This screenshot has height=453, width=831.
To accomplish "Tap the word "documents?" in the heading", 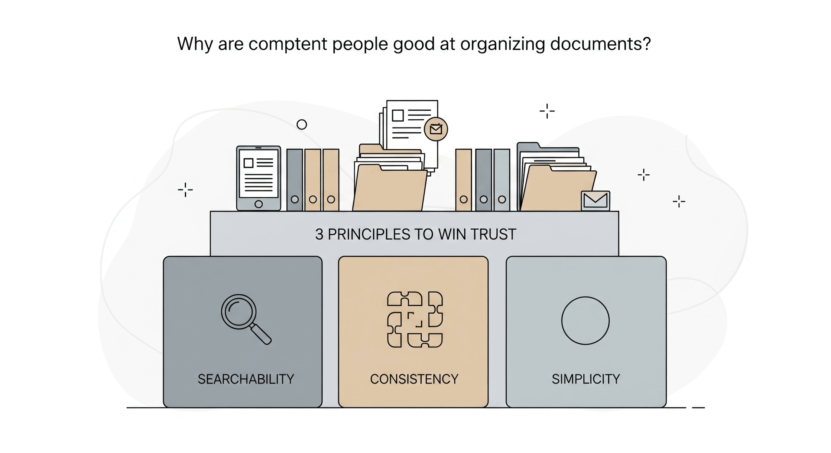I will click(600, 44).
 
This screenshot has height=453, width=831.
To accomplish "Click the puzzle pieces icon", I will click(415, 319).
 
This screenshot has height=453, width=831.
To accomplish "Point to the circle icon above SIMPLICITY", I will click(585, 320).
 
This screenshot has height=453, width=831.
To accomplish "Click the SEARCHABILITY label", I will click(246, 379).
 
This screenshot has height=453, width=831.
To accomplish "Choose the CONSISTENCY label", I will click(414, 379).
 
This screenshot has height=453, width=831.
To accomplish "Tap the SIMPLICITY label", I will click(586, 379).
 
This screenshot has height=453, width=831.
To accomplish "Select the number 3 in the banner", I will click(319, 234).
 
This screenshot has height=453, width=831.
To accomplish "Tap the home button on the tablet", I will click(258, 204).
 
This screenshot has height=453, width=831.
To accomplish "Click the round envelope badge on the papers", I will click(436, 129).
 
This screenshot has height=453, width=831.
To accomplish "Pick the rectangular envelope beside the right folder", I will click(595, 201).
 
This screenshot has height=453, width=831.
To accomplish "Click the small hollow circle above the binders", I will click(302, 124).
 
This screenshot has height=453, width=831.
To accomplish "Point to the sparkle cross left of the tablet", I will click(185, 190).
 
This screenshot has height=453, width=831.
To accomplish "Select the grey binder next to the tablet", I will click(294, 180).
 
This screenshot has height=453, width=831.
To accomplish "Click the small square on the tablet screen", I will click(248, 163).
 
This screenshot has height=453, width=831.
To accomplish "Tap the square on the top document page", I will click(398, 115).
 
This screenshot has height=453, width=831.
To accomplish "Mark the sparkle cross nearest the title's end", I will click(547, 111).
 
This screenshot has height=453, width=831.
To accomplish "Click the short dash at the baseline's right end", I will click(698, 407).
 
